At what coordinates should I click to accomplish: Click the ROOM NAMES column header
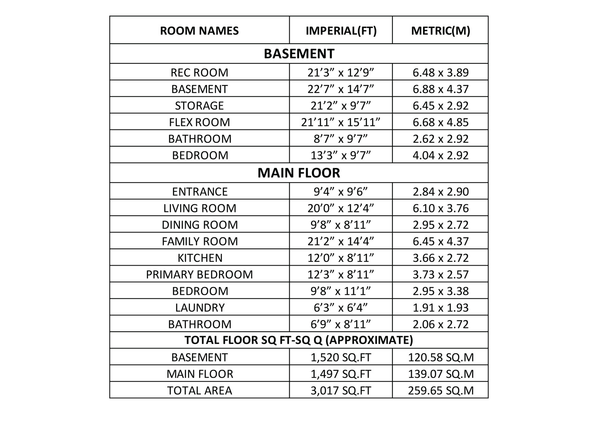click(199, 31)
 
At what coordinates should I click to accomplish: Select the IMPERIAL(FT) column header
click(341, 31)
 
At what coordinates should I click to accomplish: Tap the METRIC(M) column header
click(440, 31)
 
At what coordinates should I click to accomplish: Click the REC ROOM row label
click(199, 72)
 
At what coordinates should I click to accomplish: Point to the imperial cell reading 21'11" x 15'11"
click(341, 122)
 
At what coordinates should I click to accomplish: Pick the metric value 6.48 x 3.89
click(440, 72)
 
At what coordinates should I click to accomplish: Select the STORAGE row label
click(199, 106)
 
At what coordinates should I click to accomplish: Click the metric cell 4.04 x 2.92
click(440, 155)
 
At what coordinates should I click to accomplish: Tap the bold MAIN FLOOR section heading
click(299, 173)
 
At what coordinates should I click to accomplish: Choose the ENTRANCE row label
click(199, 191)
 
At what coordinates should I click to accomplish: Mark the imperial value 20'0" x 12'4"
click(341, 208)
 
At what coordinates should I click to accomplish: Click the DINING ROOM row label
click(199, 225)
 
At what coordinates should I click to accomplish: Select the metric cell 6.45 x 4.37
click(440, 241)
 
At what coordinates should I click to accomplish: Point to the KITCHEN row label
click(199, 258)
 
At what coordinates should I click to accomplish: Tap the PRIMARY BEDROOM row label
click(199, 275)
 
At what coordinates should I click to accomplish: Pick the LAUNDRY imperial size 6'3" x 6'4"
click(341, 307)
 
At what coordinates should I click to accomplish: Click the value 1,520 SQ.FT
click(341, 357)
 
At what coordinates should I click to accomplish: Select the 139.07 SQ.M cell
click(440, 374)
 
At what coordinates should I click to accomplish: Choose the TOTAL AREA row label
click(199, 391)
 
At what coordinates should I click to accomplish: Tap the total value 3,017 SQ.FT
click(341, 391)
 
